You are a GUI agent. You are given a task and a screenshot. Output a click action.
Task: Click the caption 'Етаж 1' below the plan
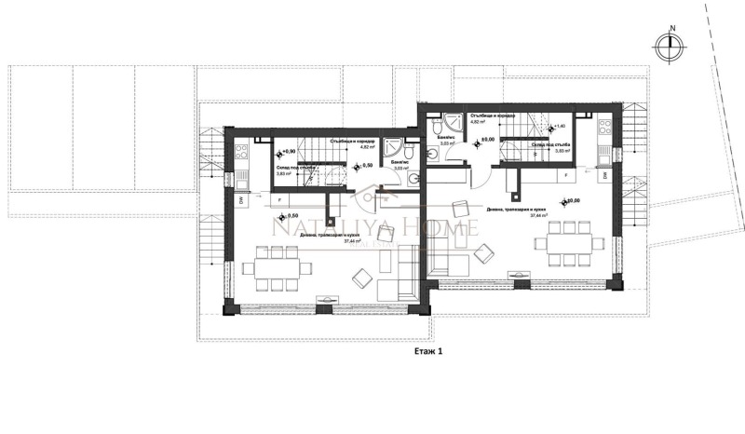(x=429, y=354)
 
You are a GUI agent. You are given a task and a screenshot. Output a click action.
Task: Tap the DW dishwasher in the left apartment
(x=240, y=199)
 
